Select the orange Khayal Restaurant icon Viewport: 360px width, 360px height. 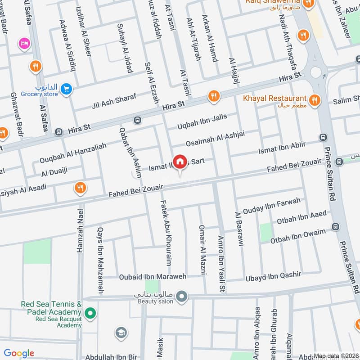tap(315, 100)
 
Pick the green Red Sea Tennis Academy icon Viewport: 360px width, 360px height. tap(90, 312)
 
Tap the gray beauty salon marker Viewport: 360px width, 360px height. tap(181, 296)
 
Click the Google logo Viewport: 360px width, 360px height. tap(18, 353)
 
